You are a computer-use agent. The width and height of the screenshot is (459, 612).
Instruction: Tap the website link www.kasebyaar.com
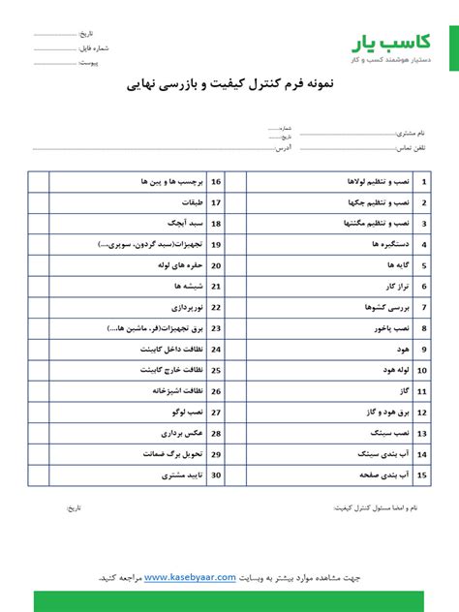coord(190,577)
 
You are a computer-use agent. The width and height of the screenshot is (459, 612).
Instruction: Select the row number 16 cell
coord(215,181)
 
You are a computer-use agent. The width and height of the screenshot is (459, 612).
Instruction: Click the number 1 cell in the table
coord(424,181)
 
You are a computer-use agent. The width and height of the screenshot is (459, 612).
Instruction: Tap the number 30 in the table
coord(215,475)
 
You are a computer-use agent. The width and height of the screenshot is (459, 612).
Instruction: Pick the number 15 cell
coord(424,475)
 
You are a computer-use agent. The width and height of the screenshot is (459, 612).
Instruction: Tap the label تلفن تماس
coord(410,148)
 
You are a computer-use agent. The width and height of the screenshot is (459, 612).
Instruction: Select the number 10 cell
coord(424,370)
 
